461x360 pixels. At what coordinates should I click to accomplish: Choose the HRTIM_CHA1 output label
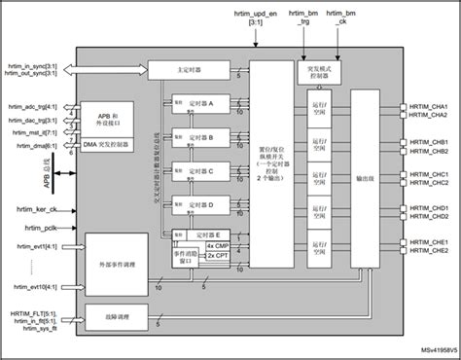click(429, 108)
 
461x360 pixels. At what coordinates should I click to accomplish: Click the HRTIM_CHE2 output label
click(429, 251)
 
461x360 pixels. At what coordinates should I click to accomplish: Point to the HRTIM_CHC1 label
click(429, 175)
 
